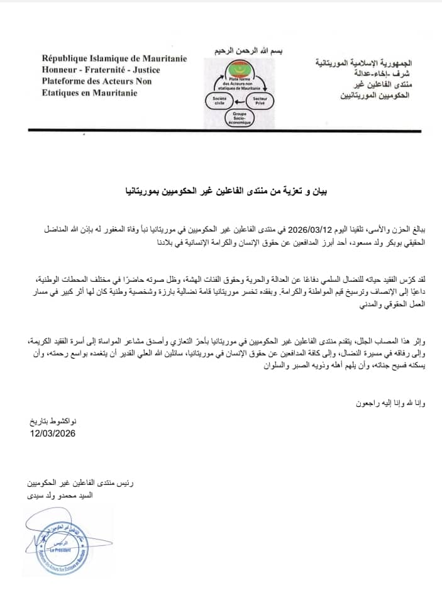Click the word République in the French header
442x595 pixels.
(x=66, y=58)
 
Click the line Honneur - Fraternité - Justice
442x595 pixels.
(x=101, y=70)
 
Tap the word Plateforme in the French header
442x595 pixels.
(x=68, y=81)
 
